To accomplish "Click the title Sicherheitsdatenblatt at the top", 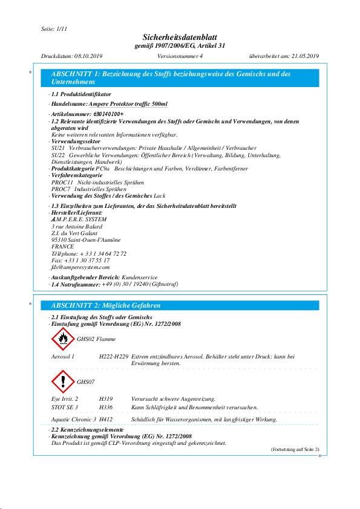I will point(180,37).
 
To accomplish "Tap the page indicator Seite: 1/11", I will point(53,28).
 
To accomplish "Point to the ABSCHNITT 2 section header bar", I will point(179,305).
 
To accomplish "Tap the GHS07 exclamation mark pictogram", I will point(63,381).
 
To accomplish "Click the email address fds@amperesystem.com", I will point(80,267).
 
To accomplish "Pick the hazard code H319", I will point(106,400).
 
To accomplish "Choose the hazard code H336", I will point(106,408).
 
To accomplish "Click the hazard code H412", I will point(106,419).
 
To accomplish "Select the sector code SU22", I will point(58,156).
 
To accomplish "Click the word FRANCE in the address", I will point(63,247).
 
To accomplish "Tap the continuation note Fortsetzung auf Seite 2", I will point(295,449).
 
